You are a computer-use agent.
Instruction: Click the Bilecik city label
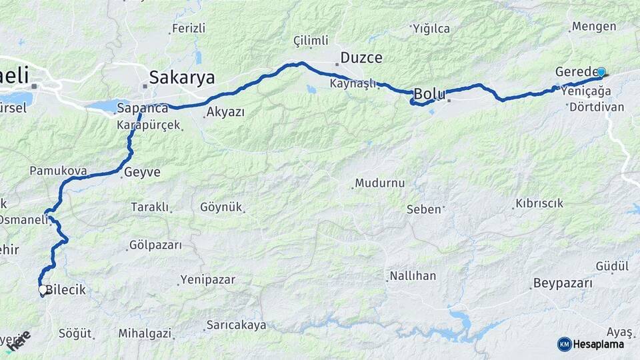65,291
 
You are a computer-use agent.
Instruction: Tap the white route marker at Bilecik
43,290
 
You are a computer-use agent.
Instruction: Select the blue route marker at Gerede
601,73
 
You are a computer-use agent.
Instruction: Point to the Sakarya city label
182,78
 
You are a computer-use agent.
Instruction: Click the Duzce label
361,58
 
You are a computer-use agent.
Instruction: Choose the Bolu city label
430,94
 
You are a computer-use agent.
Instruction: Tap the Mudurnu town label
379,183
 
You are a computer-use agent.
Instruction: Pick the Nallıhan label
413,276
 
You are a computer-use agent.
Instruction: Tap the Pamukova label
58,171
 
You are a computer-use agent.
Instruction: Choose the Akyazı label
225,112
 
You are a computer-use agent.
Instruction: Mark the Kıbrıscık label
539,203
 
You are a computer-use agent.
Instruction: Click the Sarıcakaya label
236,325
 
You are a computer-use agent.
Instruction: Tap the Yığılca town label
431,29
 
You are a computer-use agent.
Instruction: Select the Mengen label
593,27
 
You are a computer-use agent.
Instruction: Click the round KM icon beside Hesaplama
565,344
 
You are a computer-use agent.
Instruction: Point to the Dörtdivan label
597,107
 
